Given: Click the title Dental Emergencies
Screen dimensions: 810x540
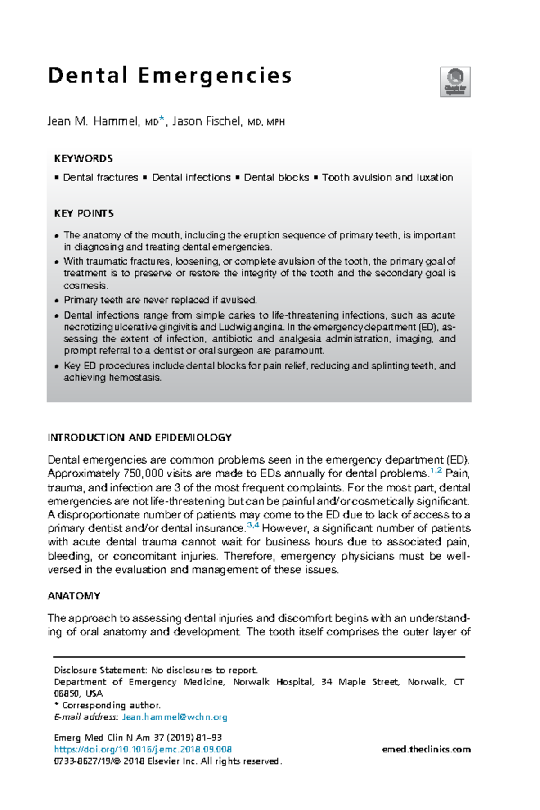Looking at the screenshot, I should [170, 76].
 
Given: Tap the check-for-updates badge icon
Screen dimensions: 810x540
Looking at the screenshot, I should [455, 81].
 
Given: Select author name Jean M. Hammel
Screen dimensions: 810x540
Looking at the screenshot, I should [93, 121].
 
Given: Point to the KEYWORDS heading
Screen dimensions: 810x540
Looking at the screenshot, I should [83, 159].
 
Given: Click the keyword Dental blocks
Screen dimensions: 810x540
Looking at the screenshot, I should [276, 178].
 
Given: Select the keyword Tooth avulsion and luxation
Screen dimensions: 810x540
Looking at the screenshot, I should [387, 178].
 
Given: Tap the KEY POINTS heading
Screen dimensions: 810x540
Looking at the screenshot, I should [84, 213].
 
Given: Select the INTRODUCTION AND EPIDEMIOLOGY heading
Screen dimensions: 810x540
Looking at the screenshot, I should [139, 437].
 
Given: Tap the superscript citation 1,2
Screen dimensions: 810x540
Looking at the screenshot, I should [436, 471].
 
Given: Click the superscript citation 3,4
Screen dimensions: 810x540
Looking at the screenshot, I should [253, 525].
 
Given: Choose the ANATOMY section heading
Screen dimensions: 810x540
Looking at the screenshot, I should [74, 596].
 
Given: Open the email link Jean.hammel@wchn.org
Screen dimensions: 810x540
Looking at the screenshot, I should [175, 717].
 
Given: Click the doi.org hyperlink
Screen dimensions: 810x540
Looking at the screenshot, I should [143, 749].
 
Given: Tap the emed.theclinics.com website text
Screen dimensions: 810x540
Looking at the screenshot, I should [426, 749].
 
